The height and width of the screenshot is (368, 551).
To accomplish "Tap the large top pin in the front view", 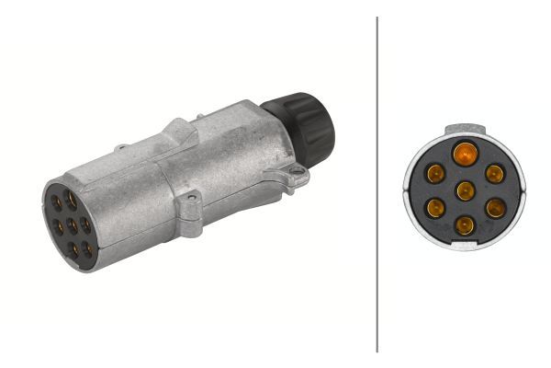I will coord(465,153).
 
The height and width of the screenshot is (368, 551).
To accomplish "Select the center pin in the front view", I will coord(465,190).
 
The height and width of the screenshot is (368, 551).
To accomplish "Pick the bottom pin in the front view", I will coord(465,224).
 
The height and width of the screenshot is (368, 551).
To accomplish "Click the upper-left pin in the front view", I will coord(435,173).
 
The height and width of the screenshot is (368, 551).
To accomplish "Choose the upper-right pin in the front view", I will coord(494,173).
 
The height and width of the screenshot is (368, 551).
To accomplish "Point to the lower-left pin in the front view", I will coord(435,208).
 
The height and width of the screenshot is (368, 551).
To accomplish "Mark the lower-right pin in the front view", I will coord(494,208).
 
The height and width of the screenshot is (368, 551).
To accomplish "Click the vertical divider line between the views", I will coord(377,184).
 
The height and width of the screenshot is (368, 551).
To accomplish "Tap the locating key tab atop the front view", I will coord(465,130).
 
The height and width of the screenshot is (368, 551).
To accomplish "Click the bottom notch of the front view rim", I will coord(465,247).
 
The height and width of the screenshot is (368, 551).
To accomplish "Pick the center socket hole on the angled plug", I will coord(70,224).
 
